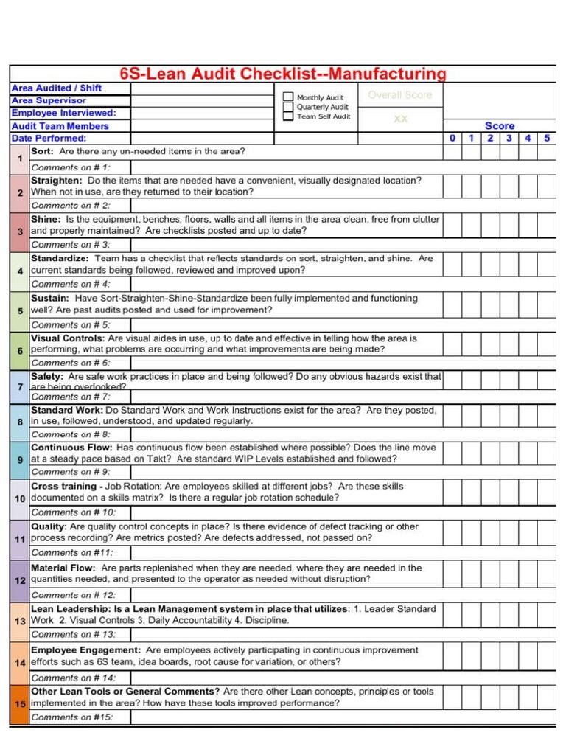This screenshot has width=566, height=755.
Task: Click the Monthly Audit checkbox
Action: tap(288, 97)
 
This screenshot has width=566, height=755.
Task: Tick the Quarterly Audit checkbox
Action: tap(288, 106)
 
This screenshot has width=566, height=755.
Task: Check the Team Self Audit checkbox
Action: tap(288, 116)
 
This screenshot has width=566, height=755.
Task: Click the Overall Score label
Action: tap(399, 95)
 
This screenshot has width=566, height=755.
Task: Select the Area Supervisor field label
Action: tap(49, 100)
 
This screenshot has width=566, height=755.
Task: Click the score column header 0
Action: tap(452, 138)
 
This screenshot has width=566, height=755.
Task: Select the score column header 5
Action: tap(546, 138)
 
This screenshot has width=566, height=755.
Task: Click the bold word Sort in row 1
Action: tap(42, 151)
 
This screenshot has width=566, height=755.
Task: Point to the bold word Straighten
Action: tap(56, 180)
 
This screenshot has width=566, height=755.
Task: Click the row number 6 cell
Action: tap(20, 350)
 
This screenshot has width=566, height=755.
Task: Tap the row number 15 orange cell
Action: tap(20, 703)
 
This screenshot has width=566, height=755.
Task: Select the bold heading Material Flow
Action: tap(63, 568)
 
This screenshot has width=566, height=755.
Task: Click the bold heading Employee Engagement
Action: tap(85, 650)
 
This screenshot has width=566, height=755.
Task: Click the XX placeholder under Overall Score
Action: tap(400, 119)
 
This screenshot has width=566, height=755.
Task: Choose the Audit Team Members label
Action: tap(60, 126)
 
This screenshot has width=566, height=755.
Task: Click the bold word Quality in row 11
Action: tap(49, 526)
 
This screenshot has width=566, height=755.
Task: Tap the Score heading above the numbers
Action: tap(499, 126)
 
